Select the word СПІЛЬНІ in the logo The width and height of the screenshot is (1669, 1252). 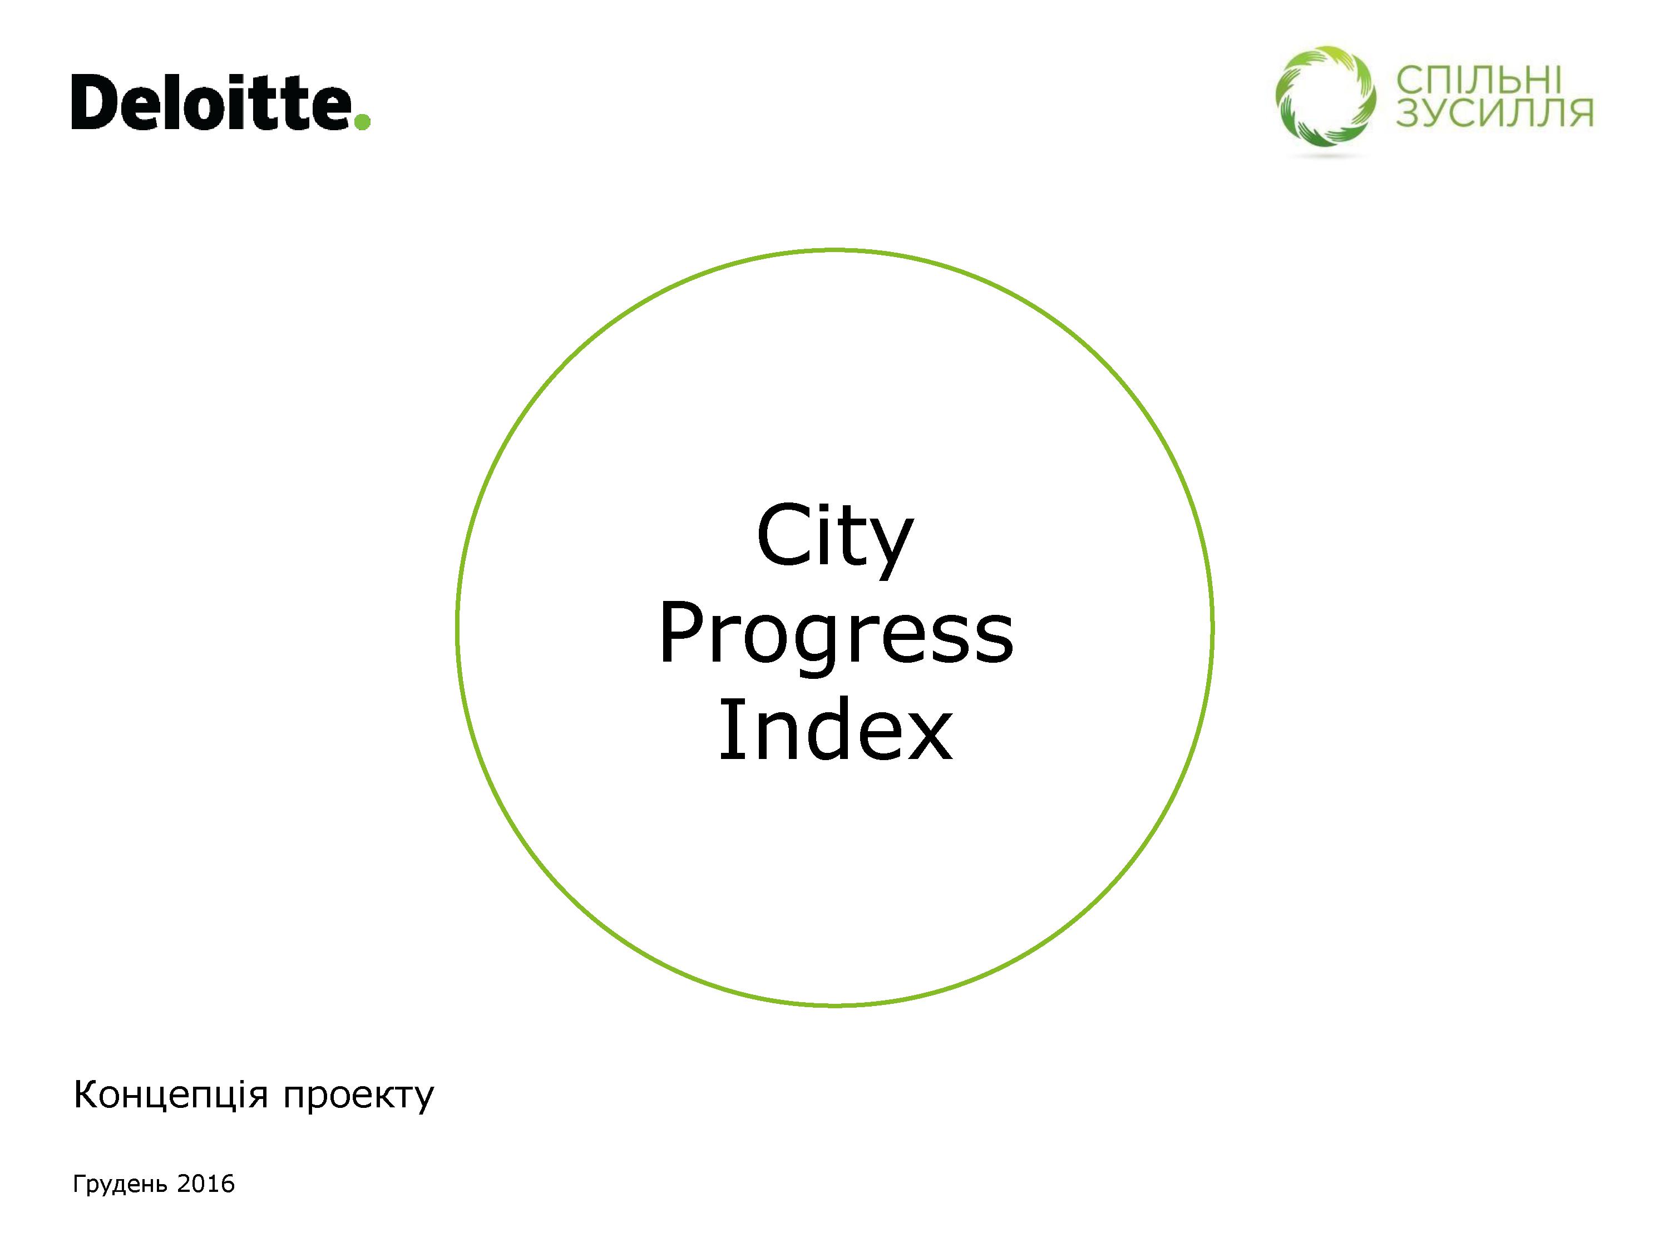pos(1478,80)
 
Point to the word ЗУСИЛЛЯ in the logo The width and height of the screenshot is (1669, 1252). pos(1494,112)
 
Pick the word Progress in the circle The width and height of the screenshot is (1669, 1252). pos(835,635)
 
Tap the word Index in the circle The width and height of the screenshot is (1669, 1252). pos(835,729)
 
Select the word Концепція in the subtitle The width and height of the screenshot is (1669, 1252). pos(171,1095)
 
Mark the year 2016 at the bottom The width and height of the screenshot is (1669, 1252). pos(205,1184)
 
